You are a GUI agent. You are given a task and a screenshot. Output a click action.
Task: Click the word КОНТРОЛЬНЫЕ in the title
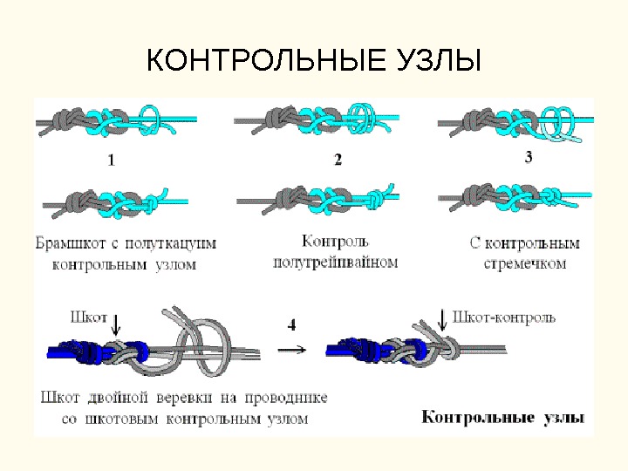click(254, 63)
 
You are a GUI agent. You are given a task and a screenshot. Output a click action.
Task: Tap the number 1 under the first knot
click(111, 160)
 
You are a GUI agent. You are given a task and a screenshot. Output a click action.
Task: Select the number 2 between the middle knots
click(338, 159)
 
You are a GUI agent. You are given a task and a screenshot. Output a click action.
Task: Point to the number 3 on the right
click(529, 157)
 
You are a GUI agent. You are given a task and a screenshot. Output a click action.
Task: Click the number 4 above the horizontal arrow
click(291, 324)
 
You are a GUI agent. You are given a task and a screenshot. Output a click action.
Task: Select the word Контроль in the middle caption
click(336, 240)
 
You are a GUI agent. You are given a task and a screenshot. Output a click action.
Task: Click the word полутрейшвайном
click(336, 261)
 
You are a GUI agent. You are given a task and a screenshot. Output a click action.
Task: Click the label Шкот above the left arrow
click(90, 317)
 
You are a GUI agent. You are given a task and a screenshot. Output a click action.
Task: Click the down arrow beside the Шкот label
click(117, 324)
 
